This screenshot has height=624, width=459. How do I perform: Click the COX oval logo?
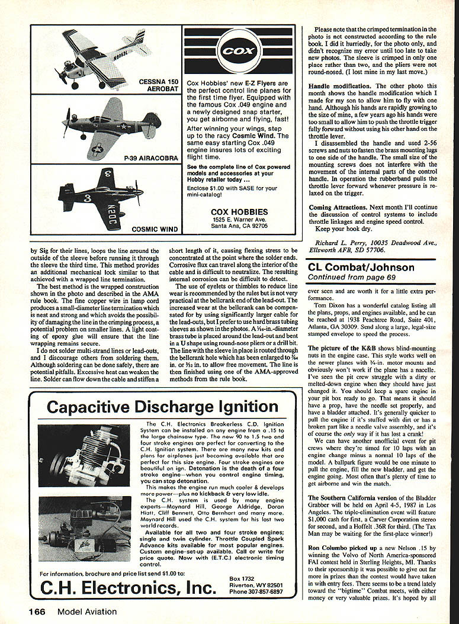tap(239, 51)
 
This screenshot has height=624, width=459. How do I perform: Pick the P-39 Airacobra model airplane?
tap(110, 126)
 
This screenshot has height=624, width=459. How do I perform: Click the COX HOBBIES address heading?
tap(239, 211)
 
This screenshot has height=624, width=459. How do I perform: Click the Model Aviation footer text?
tap(87, 612)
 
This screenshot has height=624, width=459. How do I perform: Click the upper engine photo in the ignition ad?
tap(84, 455)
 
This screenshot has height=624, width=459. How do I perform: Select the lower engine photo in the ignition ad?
tap(84, 528)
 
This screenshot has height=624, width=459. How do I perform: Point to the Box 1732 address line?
tap(241, 578)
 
